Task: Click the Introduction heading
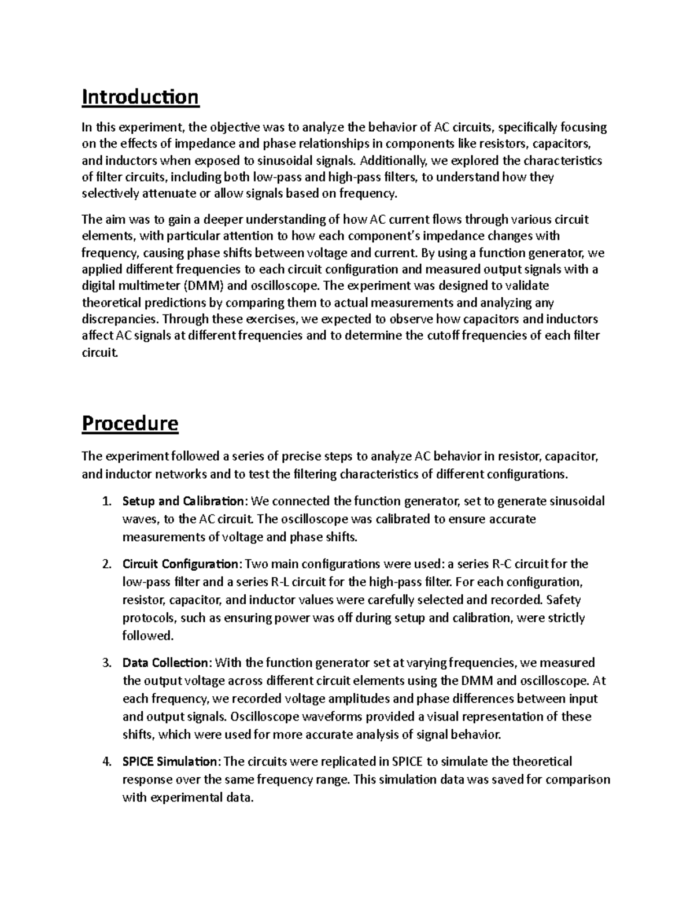tap(140, 97)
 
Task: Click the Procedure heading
tap(130, 424)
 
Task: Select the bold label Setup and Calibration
tap(183, 501)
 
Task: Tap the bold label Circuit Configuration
tap(180, 564)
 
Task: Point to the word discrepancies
tap(120, 319)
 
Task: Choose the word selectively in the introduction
tap(110, 194)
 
